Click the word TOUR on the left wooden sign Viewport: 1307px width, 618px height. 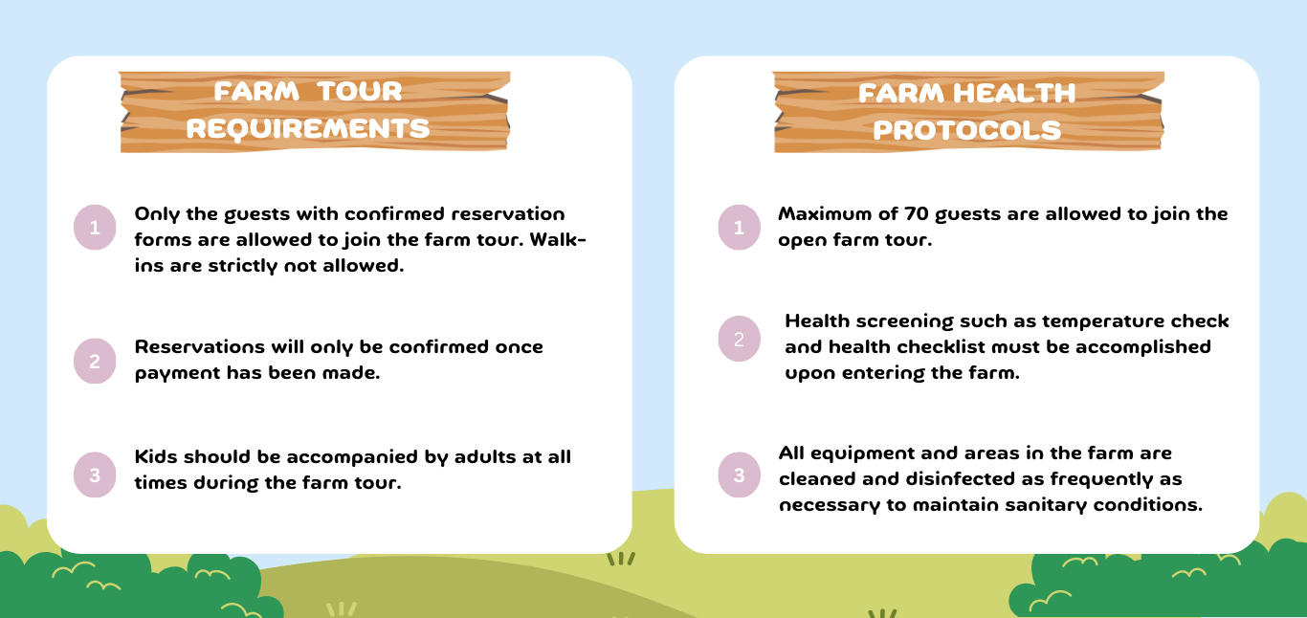click(360, 92)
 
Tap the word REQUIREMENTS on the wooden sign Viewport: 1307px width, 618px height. click(308, 129)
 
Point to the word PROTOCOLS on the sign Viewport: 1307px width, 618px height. click(966, 130)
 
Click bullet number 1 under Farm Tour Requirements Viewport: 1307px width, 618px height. click(95, 227)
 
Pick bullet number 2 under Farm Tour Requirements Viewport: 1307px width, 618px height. click(95, 362)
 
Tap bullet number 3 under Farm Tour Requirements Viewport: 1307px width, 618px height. click(95, 475)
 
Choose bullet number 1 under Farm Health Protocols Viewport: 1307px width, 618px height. click(740, 227)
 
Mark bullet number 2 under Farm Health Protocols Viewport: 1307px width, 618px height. click(740, 339)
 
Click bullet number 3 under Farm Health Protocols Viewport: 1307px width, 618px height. click(740, 475)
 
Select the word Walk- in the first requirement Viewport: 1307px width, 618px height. click(558, 240)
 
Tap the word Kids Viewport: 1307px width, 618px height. click(156, 456)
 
